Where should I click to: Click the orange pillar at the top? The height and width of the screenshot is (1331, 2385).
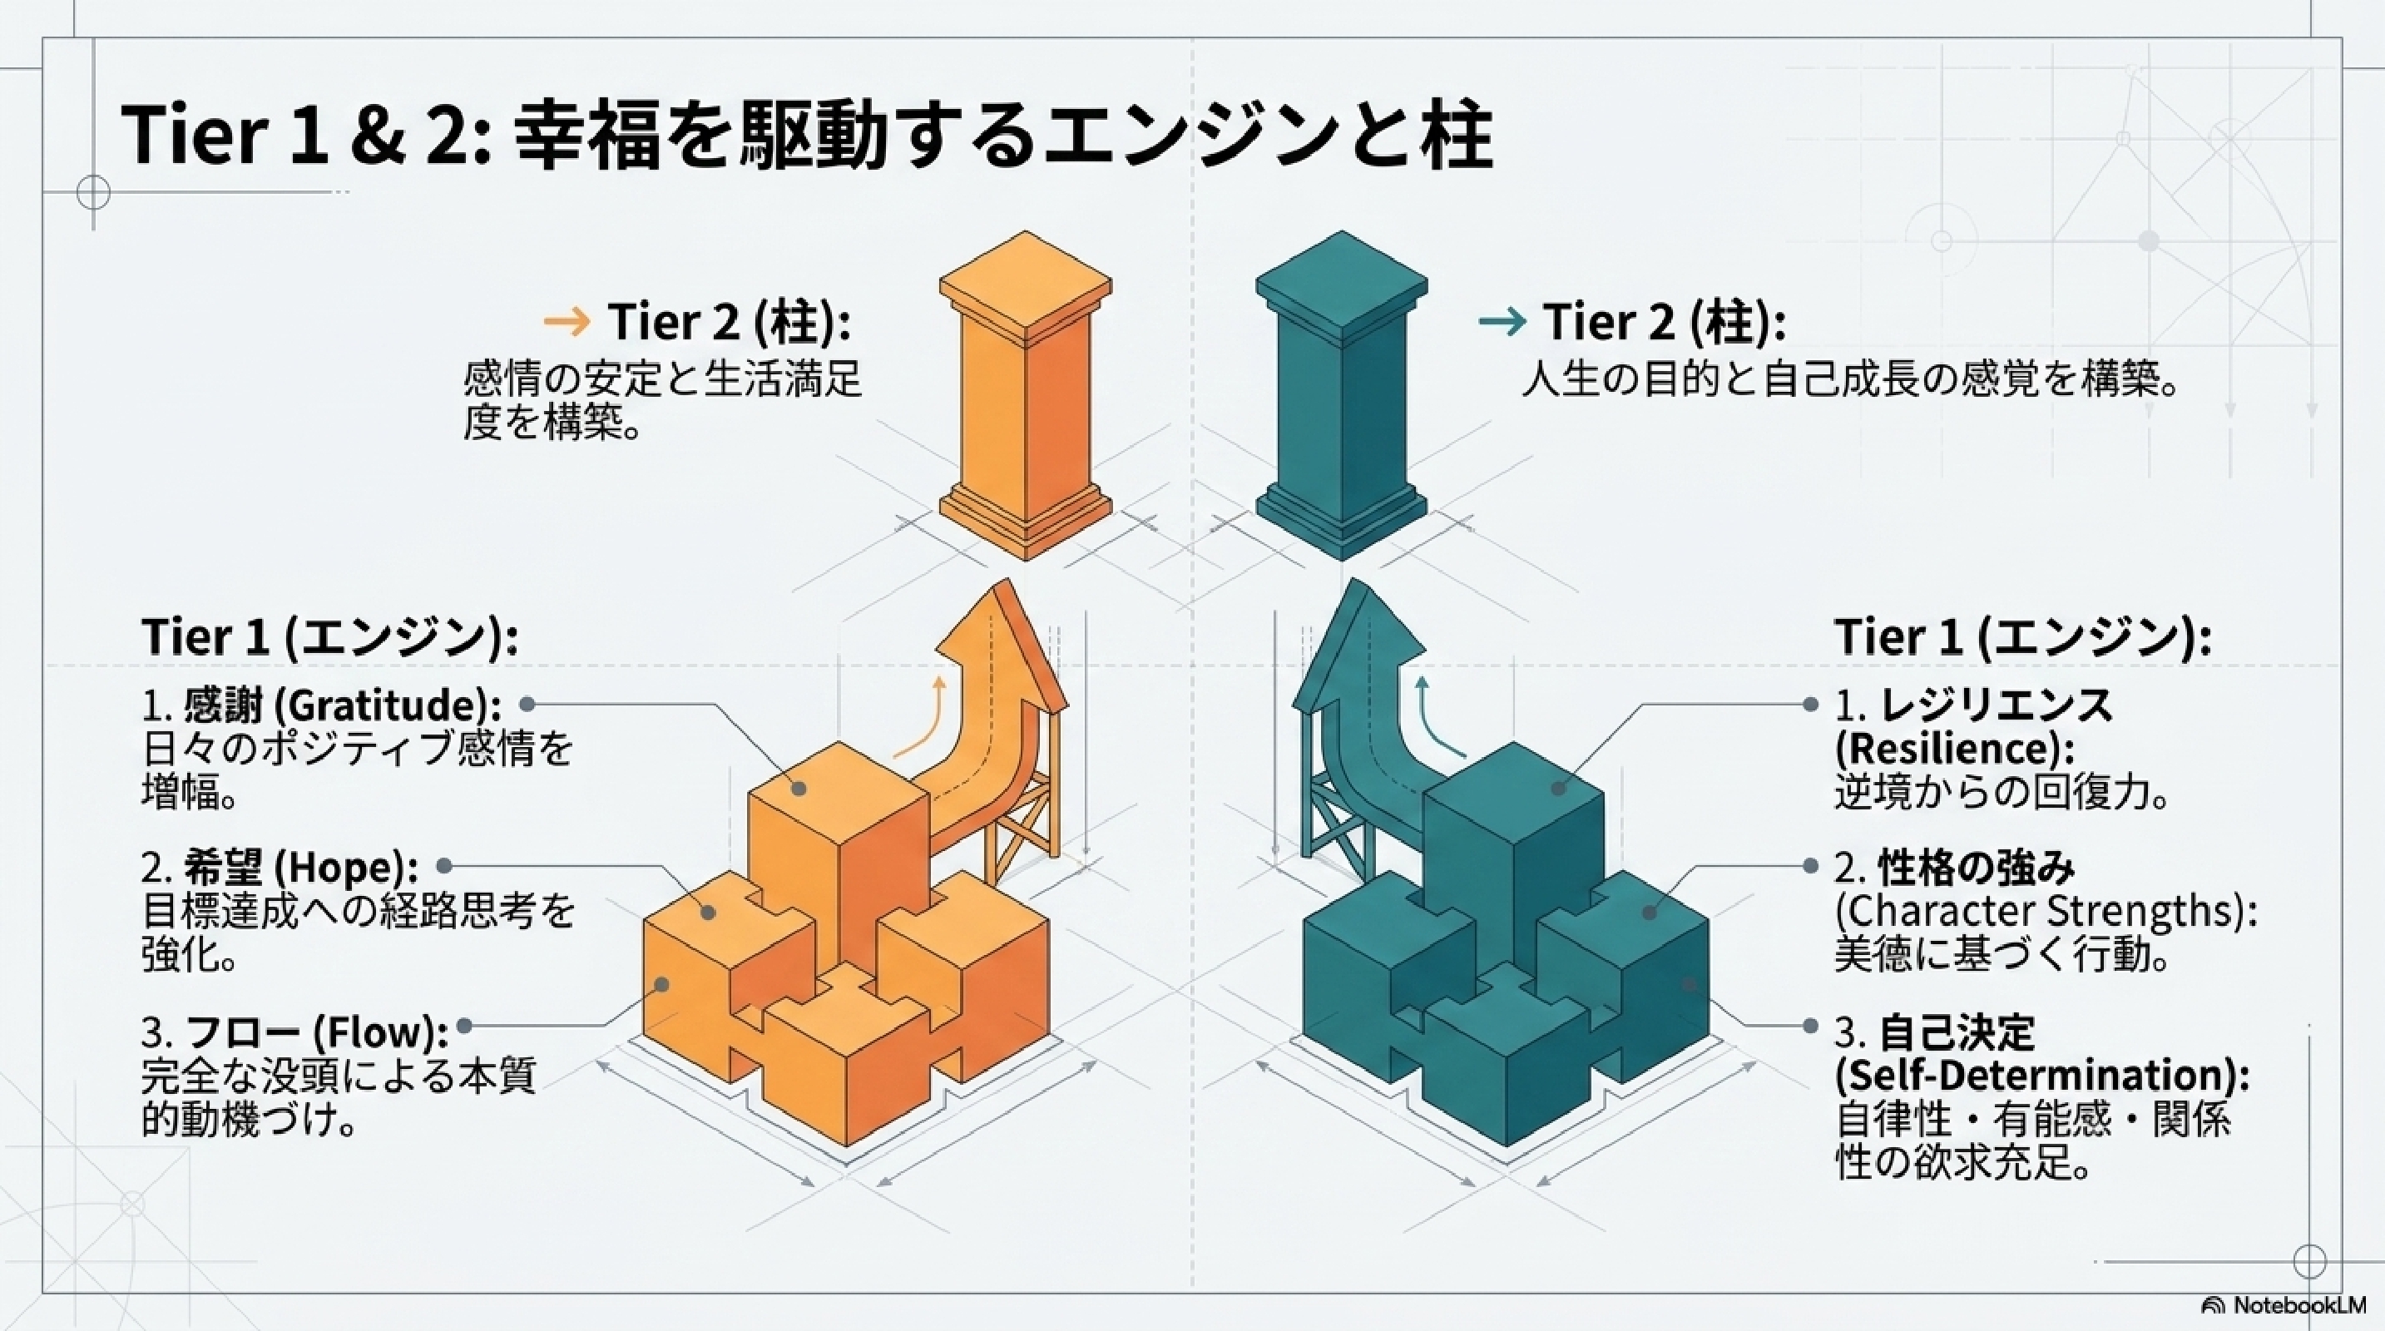coord(1025,395)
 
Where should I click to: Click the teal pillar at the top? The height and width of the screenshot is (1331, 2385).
coord(1342,395)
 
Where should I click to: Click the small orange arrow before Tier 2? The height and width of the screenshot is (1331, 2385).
coord(567,322)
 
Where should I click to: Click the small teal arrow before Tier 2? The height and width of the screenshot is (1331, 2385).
coord(1502,322)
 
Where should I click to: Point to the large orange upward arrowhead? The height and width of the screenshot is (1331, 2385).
coord(1000,639)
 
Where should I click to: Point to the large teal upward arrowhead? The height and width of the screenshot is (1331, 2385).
coord(1359,639)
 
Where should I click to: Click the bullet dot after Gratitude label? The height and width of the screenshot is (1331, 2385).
coord(526,705)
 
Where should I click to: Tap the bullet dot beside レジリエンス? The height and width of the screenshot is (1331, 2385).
coord(1811,705)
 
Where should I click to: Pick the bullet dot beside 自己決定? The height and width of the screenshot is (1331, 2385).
coord(1811,1026)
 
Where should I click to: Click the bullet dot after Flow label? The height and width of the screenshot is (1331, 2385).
coord(465,1026)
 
